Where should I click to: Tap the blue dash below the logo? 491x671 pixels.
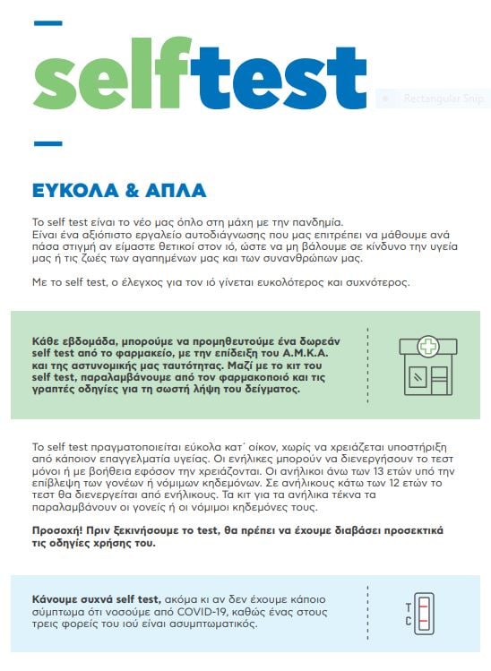[x=47, y=143]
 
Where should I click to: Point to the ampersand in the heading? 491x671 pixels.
[x=128, y=191]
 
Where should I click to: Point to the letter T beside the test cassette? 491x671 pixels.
[x=409, y=606]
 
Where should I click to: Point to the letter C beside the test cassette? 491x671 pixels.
[x=409, y=621]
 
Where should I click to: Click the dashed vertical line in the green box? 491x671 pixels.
[x=368, y=366]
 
